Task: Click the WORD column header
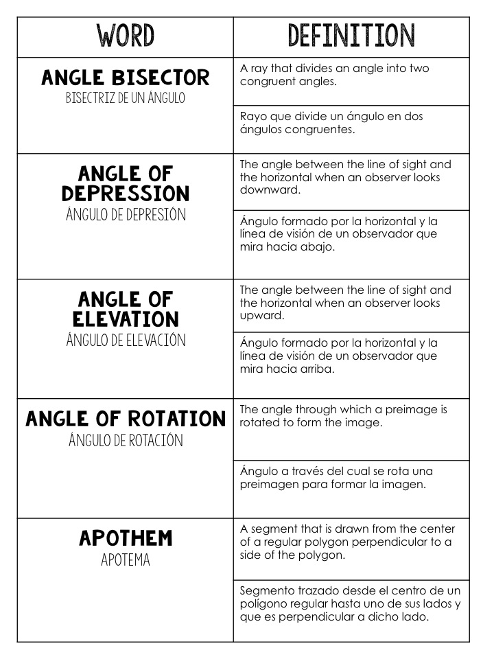[x=126, y=35]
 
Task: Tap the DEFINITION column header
[x=351, y=35]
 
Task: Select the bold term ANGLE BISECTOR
[x=126, y=78]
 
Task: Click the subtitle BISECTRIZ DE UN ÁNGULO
[x=126, y=98]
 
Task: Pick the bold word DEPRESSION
[x=126, y=193]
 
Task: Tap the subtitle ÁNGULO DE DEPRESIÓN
[x=126, y=214]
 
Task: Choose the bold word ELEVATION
[x=126, y=319]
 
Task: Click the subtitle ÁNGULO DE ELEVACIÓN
[x=126, y=340]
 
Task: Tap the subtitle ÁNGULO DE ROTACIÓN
[x=126, y=440]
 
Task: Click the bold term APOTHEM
[x=126, y=538]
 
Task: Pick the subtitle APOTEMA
[x=126, y=560]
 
